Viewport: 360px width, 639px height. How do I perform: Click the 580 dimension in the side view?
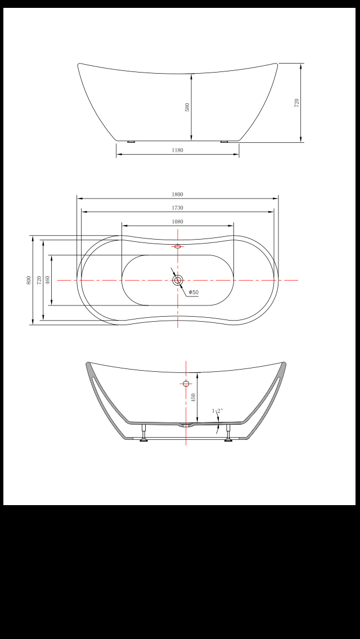tap(187, 107)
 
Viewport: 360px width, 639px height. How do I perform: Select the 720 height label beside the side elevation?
tap(297, 103)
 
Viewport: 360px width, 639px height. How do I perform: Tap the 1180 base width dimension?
tap(177, 150)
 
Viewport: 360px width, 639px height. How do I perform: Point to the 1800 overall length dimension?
tap(177, 195)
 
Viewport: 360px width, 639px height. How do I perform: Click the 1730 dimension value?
tap(177, 208)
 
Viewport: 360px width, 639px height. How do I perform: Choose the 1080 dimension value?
tap(177, 222)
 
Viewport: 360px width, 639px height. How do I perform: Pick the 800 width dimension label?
tap(29, 280)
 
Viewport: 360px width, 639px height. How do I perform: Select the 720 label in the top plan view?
tap(39, 280)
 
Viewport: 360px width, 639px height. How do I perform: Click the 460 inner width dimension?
tap(48, 280)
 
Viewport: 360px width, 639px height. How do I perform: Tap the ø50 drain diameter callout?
tap(193, 292)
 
